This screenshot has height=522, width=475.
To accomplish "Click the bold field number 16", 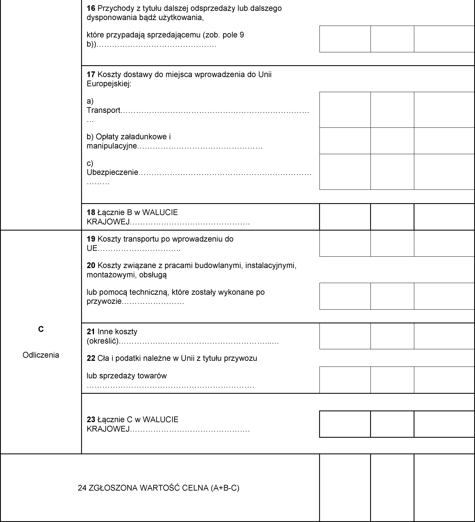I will tap(91, 9).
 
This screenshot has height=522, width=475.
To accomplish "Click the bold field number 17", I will tap(91, 75).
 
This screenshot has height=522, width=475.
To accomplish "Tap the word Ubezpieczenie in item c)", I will tap(112, 172).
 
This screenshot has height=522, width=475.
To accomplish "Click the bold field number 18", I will tap(91, 213).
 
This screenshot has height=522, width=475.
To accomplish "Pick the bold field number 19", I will tap(91, 239).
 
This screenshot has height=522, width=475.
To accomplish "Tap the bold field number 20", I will tap(91, 265).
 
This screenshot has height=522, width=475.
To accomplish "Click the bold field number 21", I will tap(91, 332).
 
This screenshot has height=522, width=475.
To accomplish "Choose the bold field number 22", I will tap(91, 358).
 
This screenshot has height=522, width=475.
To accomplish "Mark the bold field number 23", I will tap(91, 420).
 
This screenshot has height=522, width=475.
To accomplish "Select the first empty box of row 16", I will tap(345, 39).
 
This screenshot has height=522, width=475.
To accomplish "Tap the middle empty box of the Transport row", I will tap(392, 110).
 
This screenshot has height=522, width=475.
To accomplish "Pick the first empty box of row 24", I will tap(345, 488).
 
